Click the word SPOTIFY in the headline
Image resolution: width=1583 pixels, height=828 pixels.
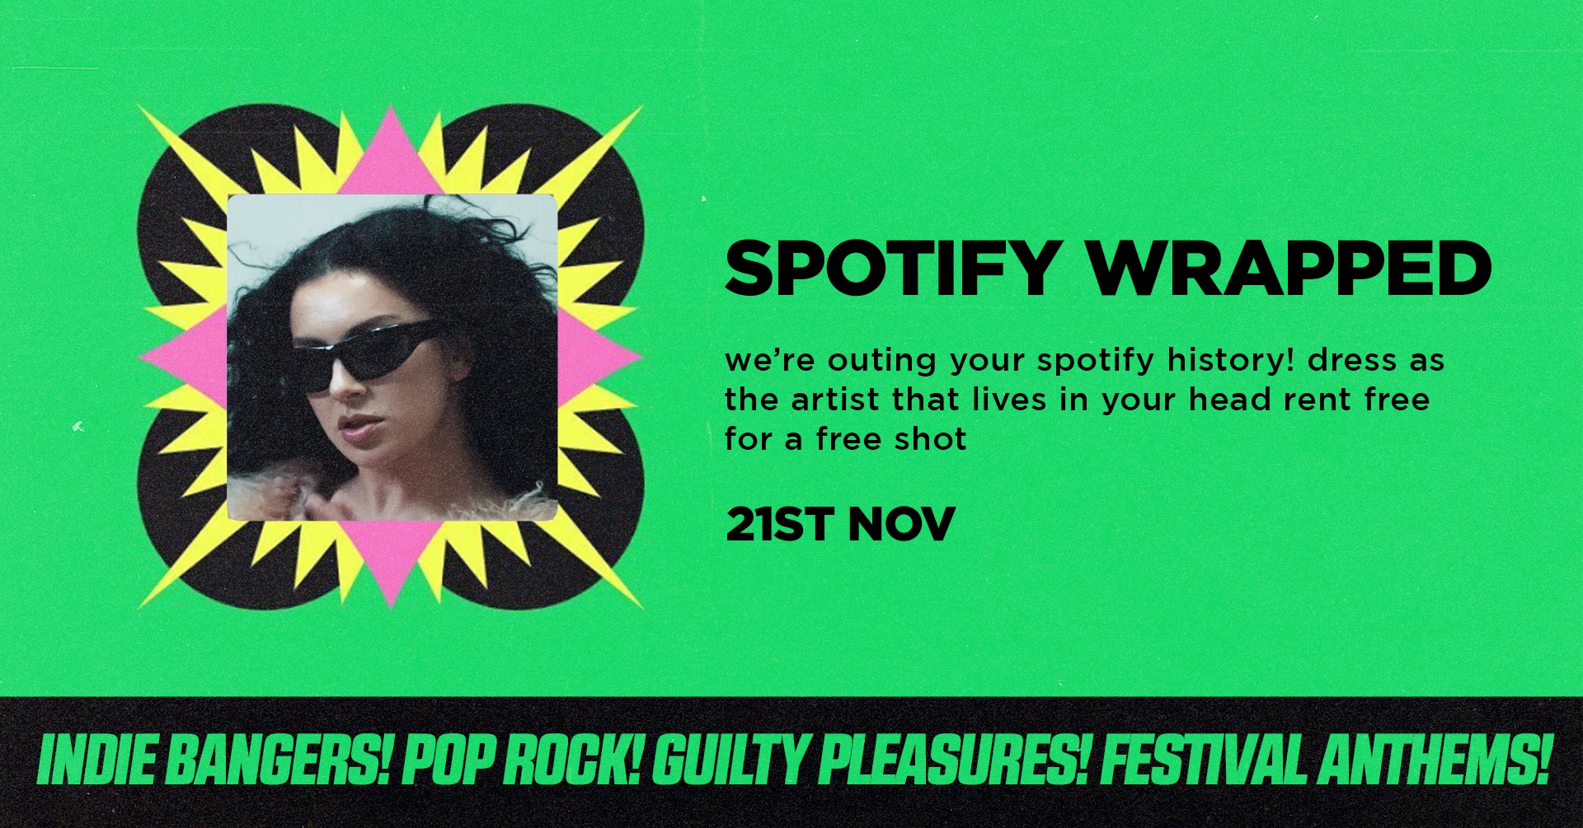point(890,268)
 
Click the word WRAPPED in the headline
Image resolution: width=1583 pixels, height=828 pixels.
point(1290,268)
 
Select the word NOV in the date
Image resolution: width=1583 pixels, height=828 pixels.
point(901,524)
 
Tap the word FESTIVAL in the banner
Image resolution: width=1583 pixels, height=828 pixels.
point(1204,760)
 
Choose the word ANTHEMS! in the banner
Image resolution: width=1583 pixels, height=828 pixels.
point(1435,760)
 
